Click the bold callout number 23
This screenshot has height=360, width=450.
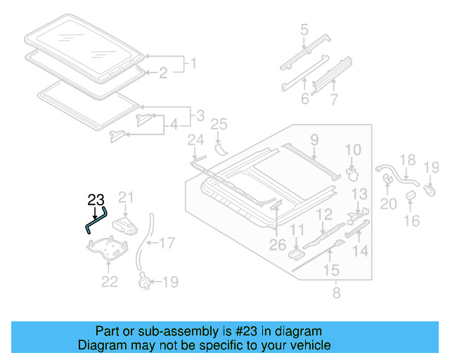tap(96, 199)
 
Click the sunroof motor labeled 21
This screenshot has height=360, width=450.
tap(127, 224)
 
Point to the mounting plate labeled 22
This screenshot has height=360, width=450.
tap(105, 247)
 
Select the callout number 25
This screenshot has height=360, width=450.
tap(219, 124)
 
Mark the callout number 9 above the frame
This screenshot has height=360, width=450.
tap(314, 139)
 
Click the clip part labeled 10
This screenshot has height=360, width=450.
tap(352, 169)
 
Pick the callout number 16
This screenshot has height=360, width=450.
tap(411, 221)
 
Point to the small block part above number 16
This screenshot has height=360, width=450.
tap(411, 195)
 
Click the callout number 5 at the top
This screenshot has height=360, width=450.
tap(304, 30)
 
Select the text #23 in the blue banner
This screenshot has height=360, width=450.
tap(244, 331)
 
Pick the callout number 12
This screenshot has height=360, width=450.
tap(324, 214)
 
